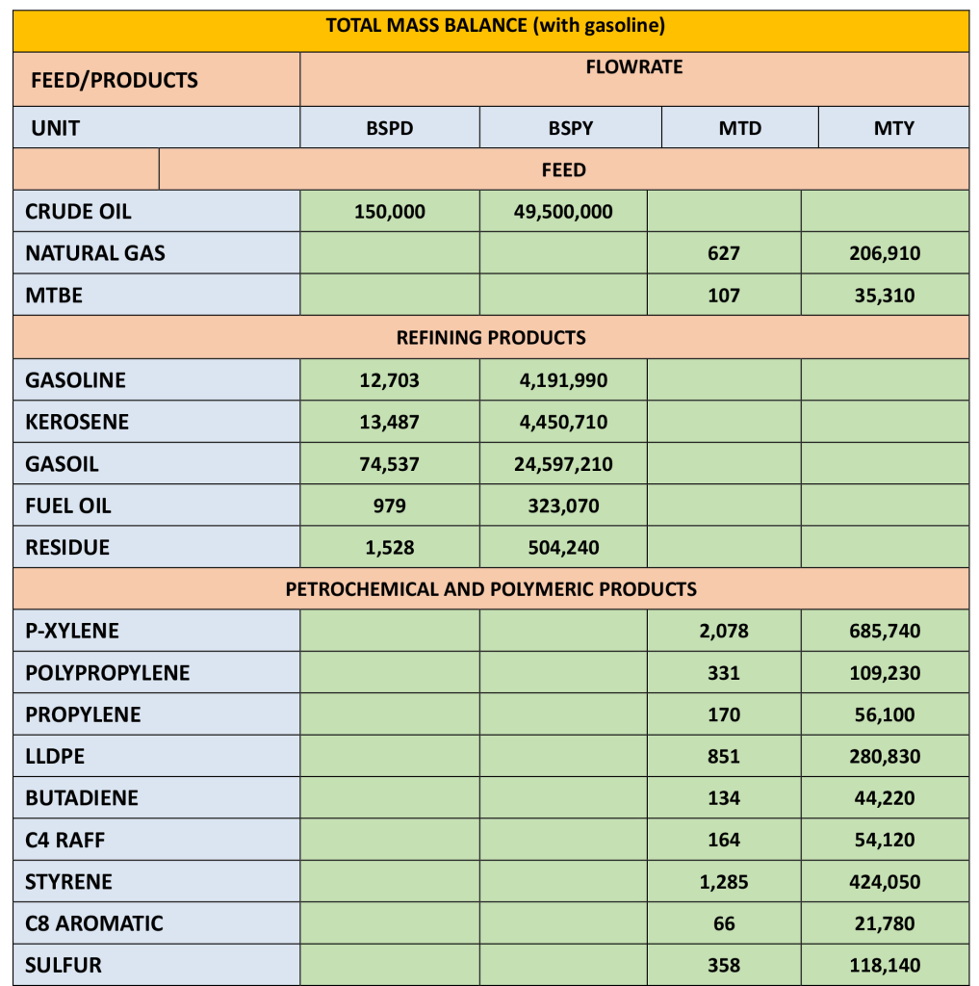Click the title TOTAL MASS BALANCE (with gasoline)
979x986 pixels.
(496, 26)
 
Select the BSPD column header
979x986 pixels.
(390, 128)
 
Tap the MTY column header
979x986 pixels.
(893, 128)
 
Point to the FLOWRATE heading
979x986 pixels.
(633, 67)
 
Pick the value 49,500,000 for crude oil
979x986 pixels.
(565, 212)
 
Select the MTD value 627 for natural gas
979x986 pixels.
(724, 254)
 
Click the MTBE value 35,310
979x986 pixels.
(884, 296)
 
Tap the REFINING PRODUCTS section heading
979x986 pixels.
(491, 338)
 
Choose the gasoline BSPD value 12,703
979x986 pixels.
(389, 380)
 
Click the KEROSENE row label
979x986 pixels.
(77, 422)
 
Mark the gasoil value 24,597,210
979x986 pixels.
(565, 464)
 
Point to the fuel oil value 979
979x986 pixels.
(389, 506)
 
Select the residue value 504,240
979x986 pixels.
(564, 548)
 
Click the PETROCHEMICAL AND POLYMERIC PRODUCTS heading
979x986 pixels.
(491, 589)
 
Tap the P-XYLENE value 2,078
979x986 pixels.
(724, 632)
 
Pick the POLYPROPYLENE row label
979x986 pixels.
(108, 673)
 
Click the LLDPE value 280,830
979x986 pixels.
(884, 757)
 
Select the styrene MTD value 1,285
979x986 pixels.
(724, 882)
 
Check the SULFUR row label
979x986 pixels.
(64, 965)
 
